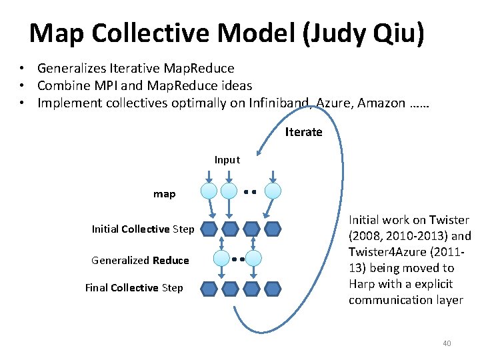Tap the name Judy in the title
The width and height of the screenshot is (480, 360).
coord(341,33)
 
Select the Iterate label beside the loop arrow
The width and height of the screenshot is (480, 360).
coord(303,132)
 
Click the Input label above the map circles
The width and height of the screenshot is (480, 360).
coord(227,160)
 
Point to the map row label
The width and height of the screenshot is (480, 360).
coord(164,194)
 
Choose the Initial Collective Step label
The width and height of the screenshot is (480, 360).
coord(143,229)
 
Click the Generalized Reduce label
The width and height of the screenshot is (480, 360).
coord(140,260)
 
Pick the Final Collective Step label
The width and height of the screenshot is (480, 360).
coord(133,288)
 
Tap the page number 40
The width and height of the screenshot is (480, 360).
coord(447,343)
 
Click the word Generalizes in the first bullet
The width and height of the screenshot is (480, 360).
coord(71,68)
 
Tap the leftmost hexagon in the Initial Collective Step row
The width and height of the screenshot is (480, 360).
coord(209,229)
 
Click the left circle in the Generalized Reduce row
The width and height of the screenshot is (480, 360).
coord(221,259)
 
